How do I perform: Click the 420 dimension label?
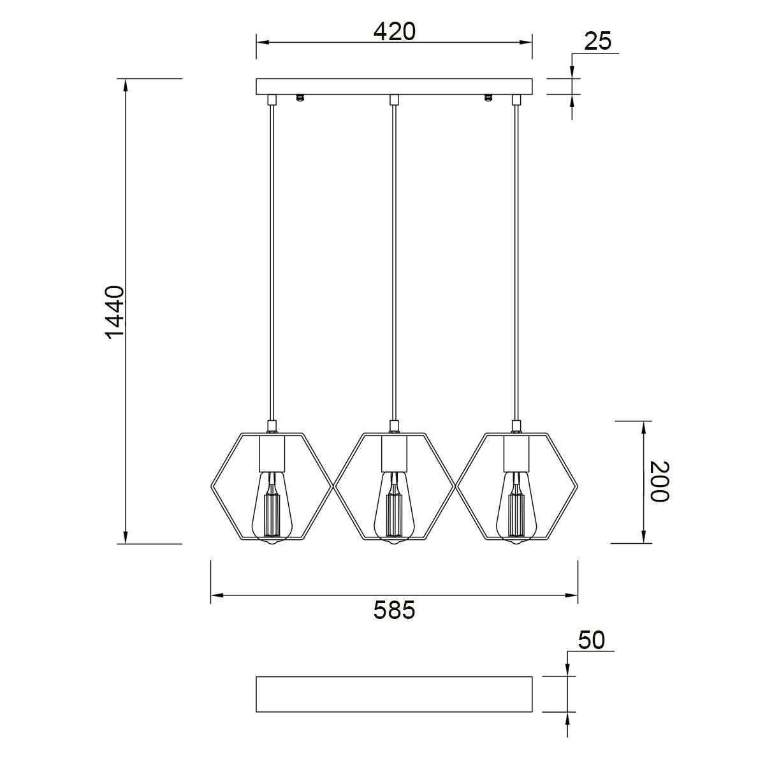click(x=394, y=31)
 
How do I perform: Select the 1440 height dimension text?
click(x=115, y=312)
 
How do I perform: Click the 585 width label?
click(x=394, y=610)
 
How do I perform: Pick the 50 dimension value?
click(x=591, y=640)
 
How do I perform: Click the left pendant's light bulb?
click(x=272, y=507)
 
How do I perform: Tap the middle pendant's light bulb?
click(x=394, y=507)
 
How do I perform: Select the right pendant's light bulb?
click(x=516, y=507)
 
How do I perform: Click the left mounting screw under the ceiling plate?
click(x=300, y=98)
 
